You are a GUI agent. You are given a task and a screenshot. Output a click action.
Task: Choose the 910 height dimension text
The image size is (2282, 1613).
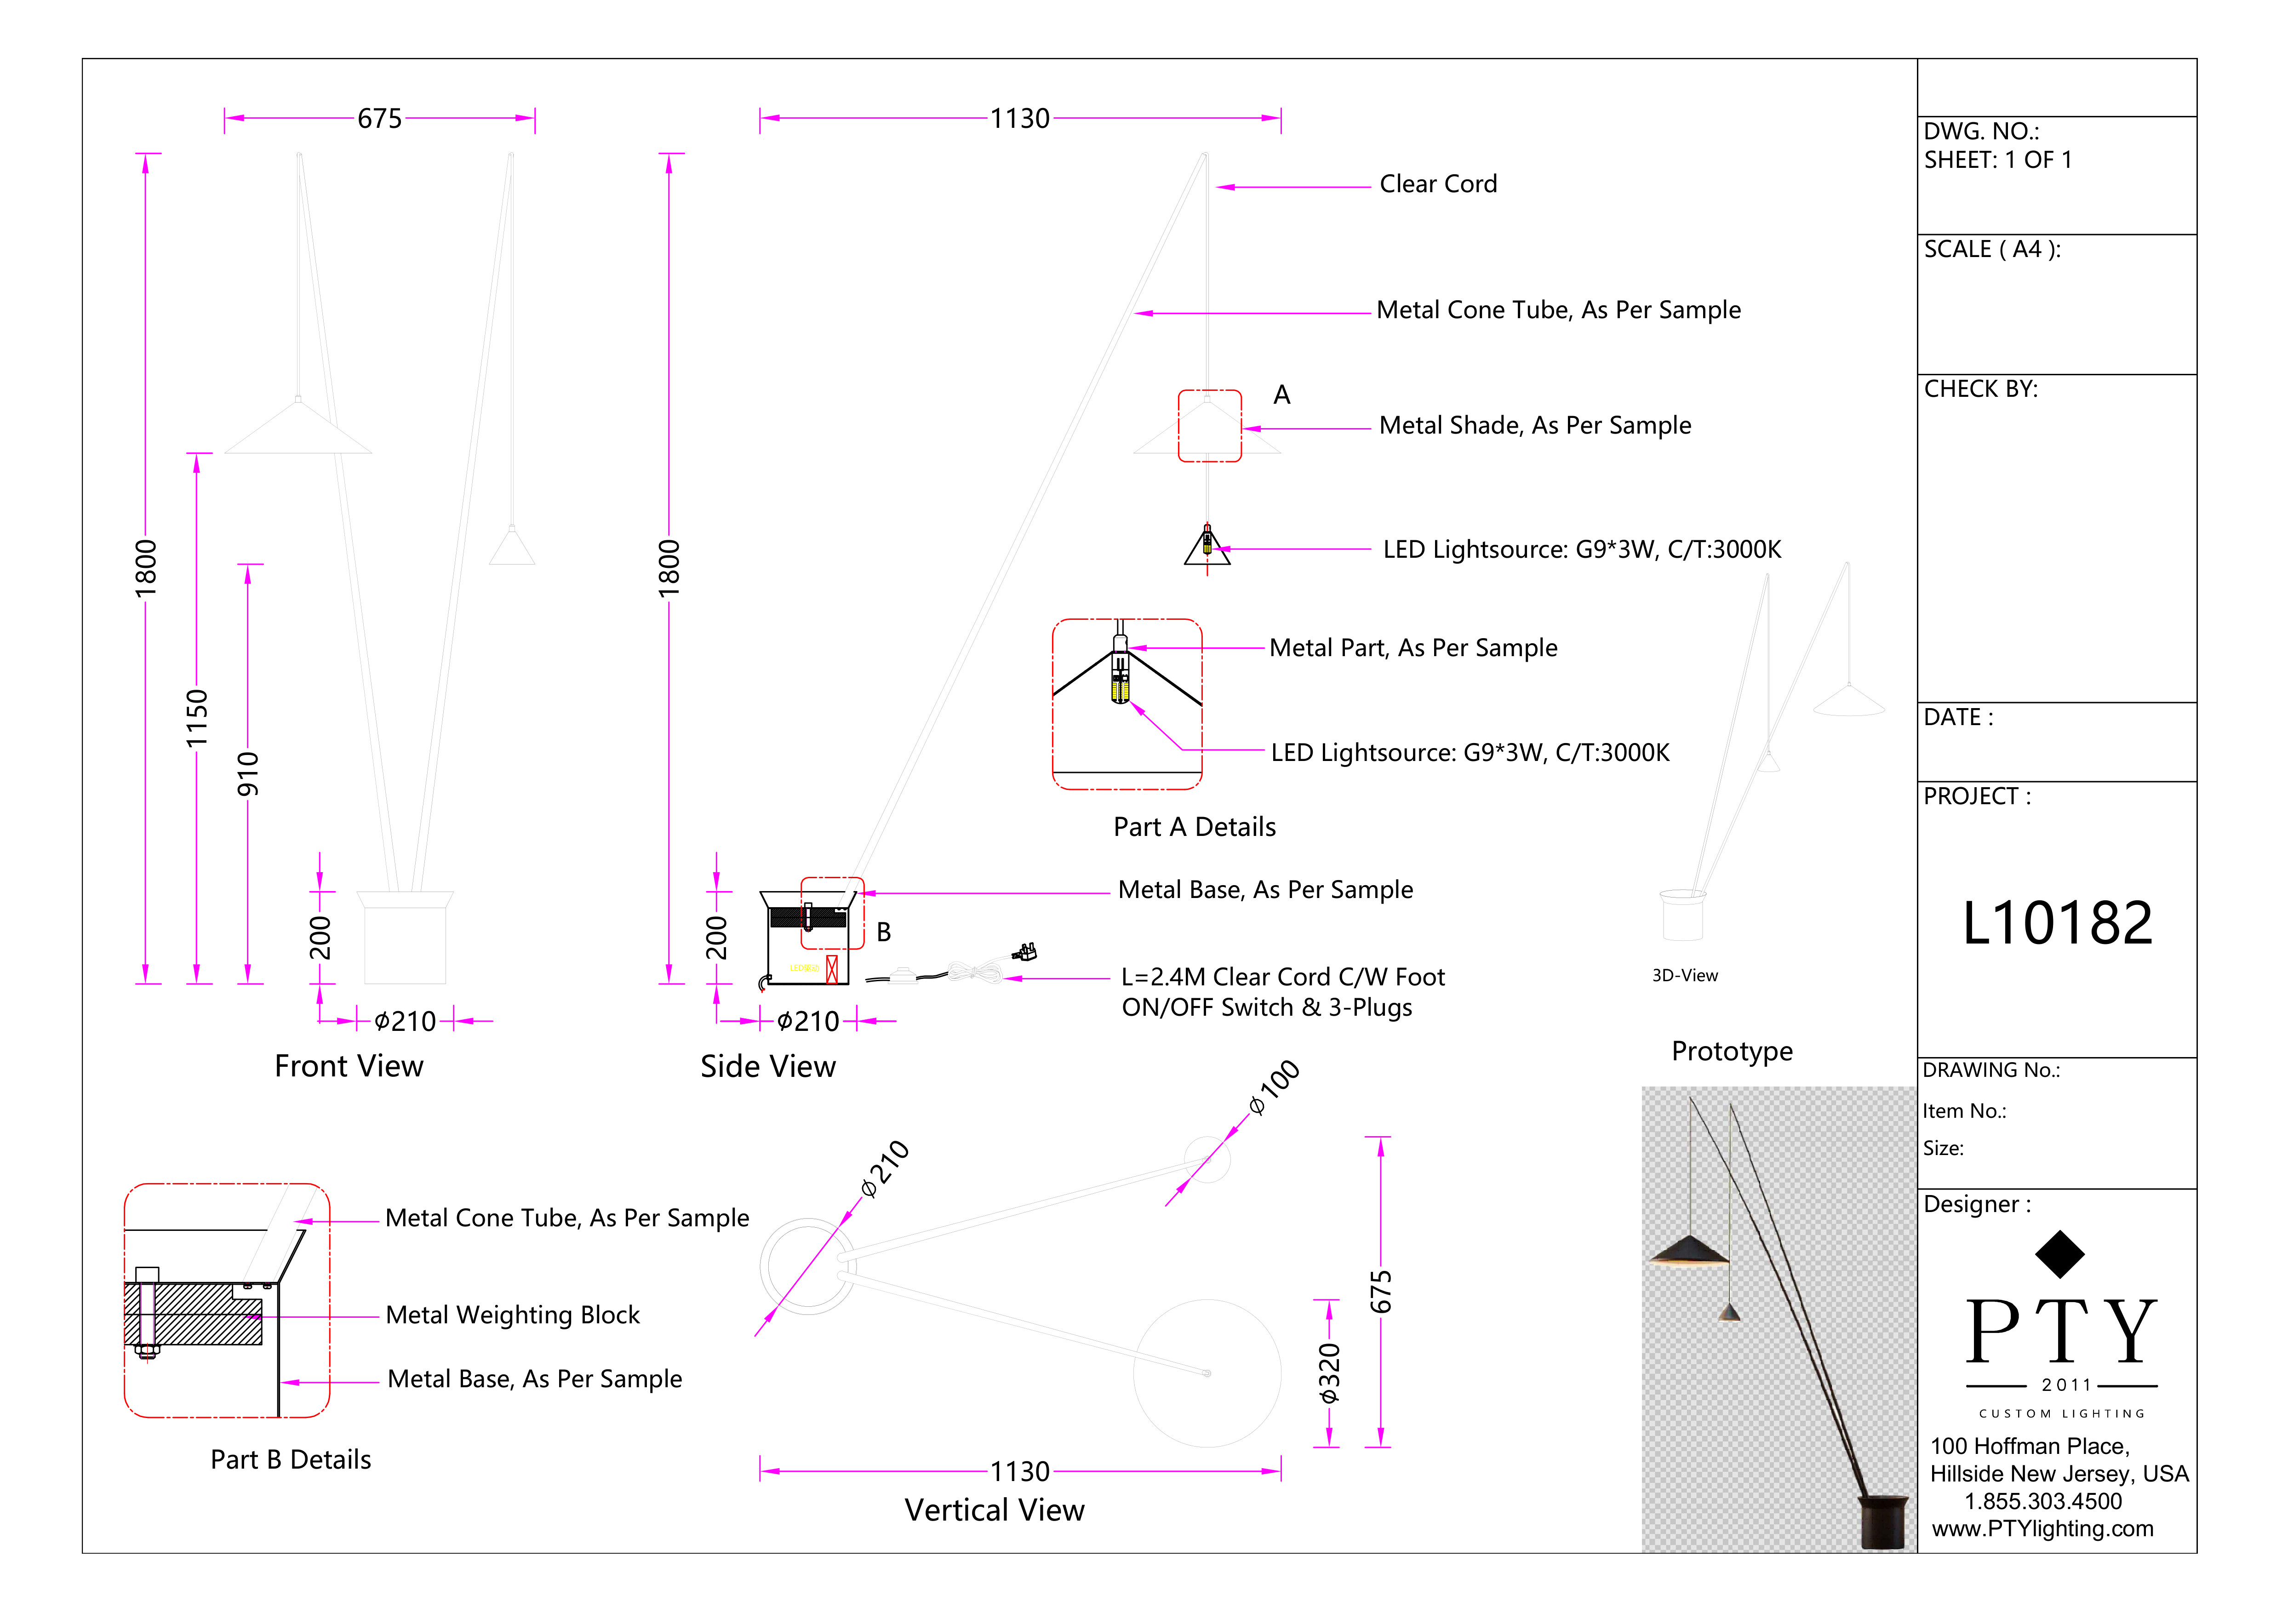click(247, 774)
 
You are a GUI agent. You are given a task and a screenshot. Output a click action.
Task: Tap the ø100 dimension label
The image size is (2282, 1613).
click(1274, 1087)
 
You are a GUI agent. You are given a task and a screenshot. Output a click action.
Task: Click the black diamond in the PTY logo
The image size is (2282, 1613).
click(2059, 1254)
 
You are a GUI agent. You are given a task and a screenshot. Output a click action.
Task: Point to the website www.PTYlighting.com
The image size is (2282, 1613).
click(2042, 1528)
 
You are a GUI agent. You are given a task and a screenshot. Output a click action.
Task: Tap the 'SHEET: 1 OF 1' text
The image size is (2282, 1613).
click(1998, 160)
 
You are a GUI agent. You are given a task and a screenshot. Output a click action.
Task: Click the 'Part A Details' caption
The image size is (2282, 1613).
click(1195, 827)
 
